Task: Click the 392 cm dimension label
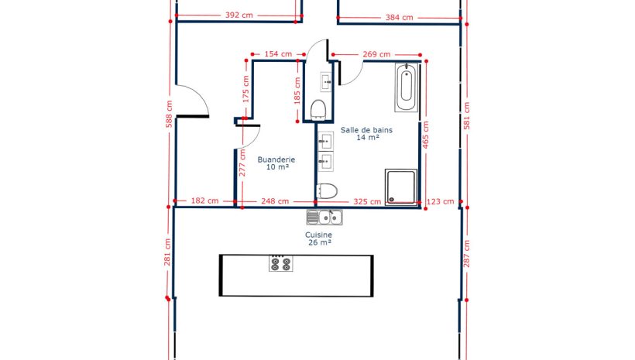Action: pos(239,15)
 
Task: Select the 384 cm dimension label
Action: pos(399,17)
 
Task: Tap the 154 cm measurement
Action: pos(278,54)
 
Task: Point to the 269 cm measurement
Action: pos(376,54)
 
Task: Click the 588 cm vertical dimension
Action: pos(170,114)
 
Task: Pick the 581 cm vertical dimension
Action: pos(466,116)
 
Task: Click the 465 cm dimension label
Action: pos(426,135)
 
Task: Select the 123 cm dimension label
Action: pos(440,201)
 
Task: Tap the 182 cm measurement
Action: pos(204,201)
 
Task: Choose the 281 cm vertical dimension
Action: pos(167,252)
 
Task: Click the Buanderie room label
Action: pos(276,159)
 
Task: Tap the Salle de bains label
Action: pos(366,130)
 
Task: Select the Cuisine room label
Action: pos(319,235)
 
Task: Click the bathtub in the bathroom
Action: pos(407,87)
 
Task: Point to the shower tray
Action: pos(401,187)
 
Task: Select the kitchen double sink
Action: pos(324,218)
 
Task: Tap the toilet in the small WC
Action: pos(318,110)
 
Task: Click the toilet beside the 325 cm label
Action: pos(327,191)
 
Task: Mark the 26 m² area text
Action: pos(320,242)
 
